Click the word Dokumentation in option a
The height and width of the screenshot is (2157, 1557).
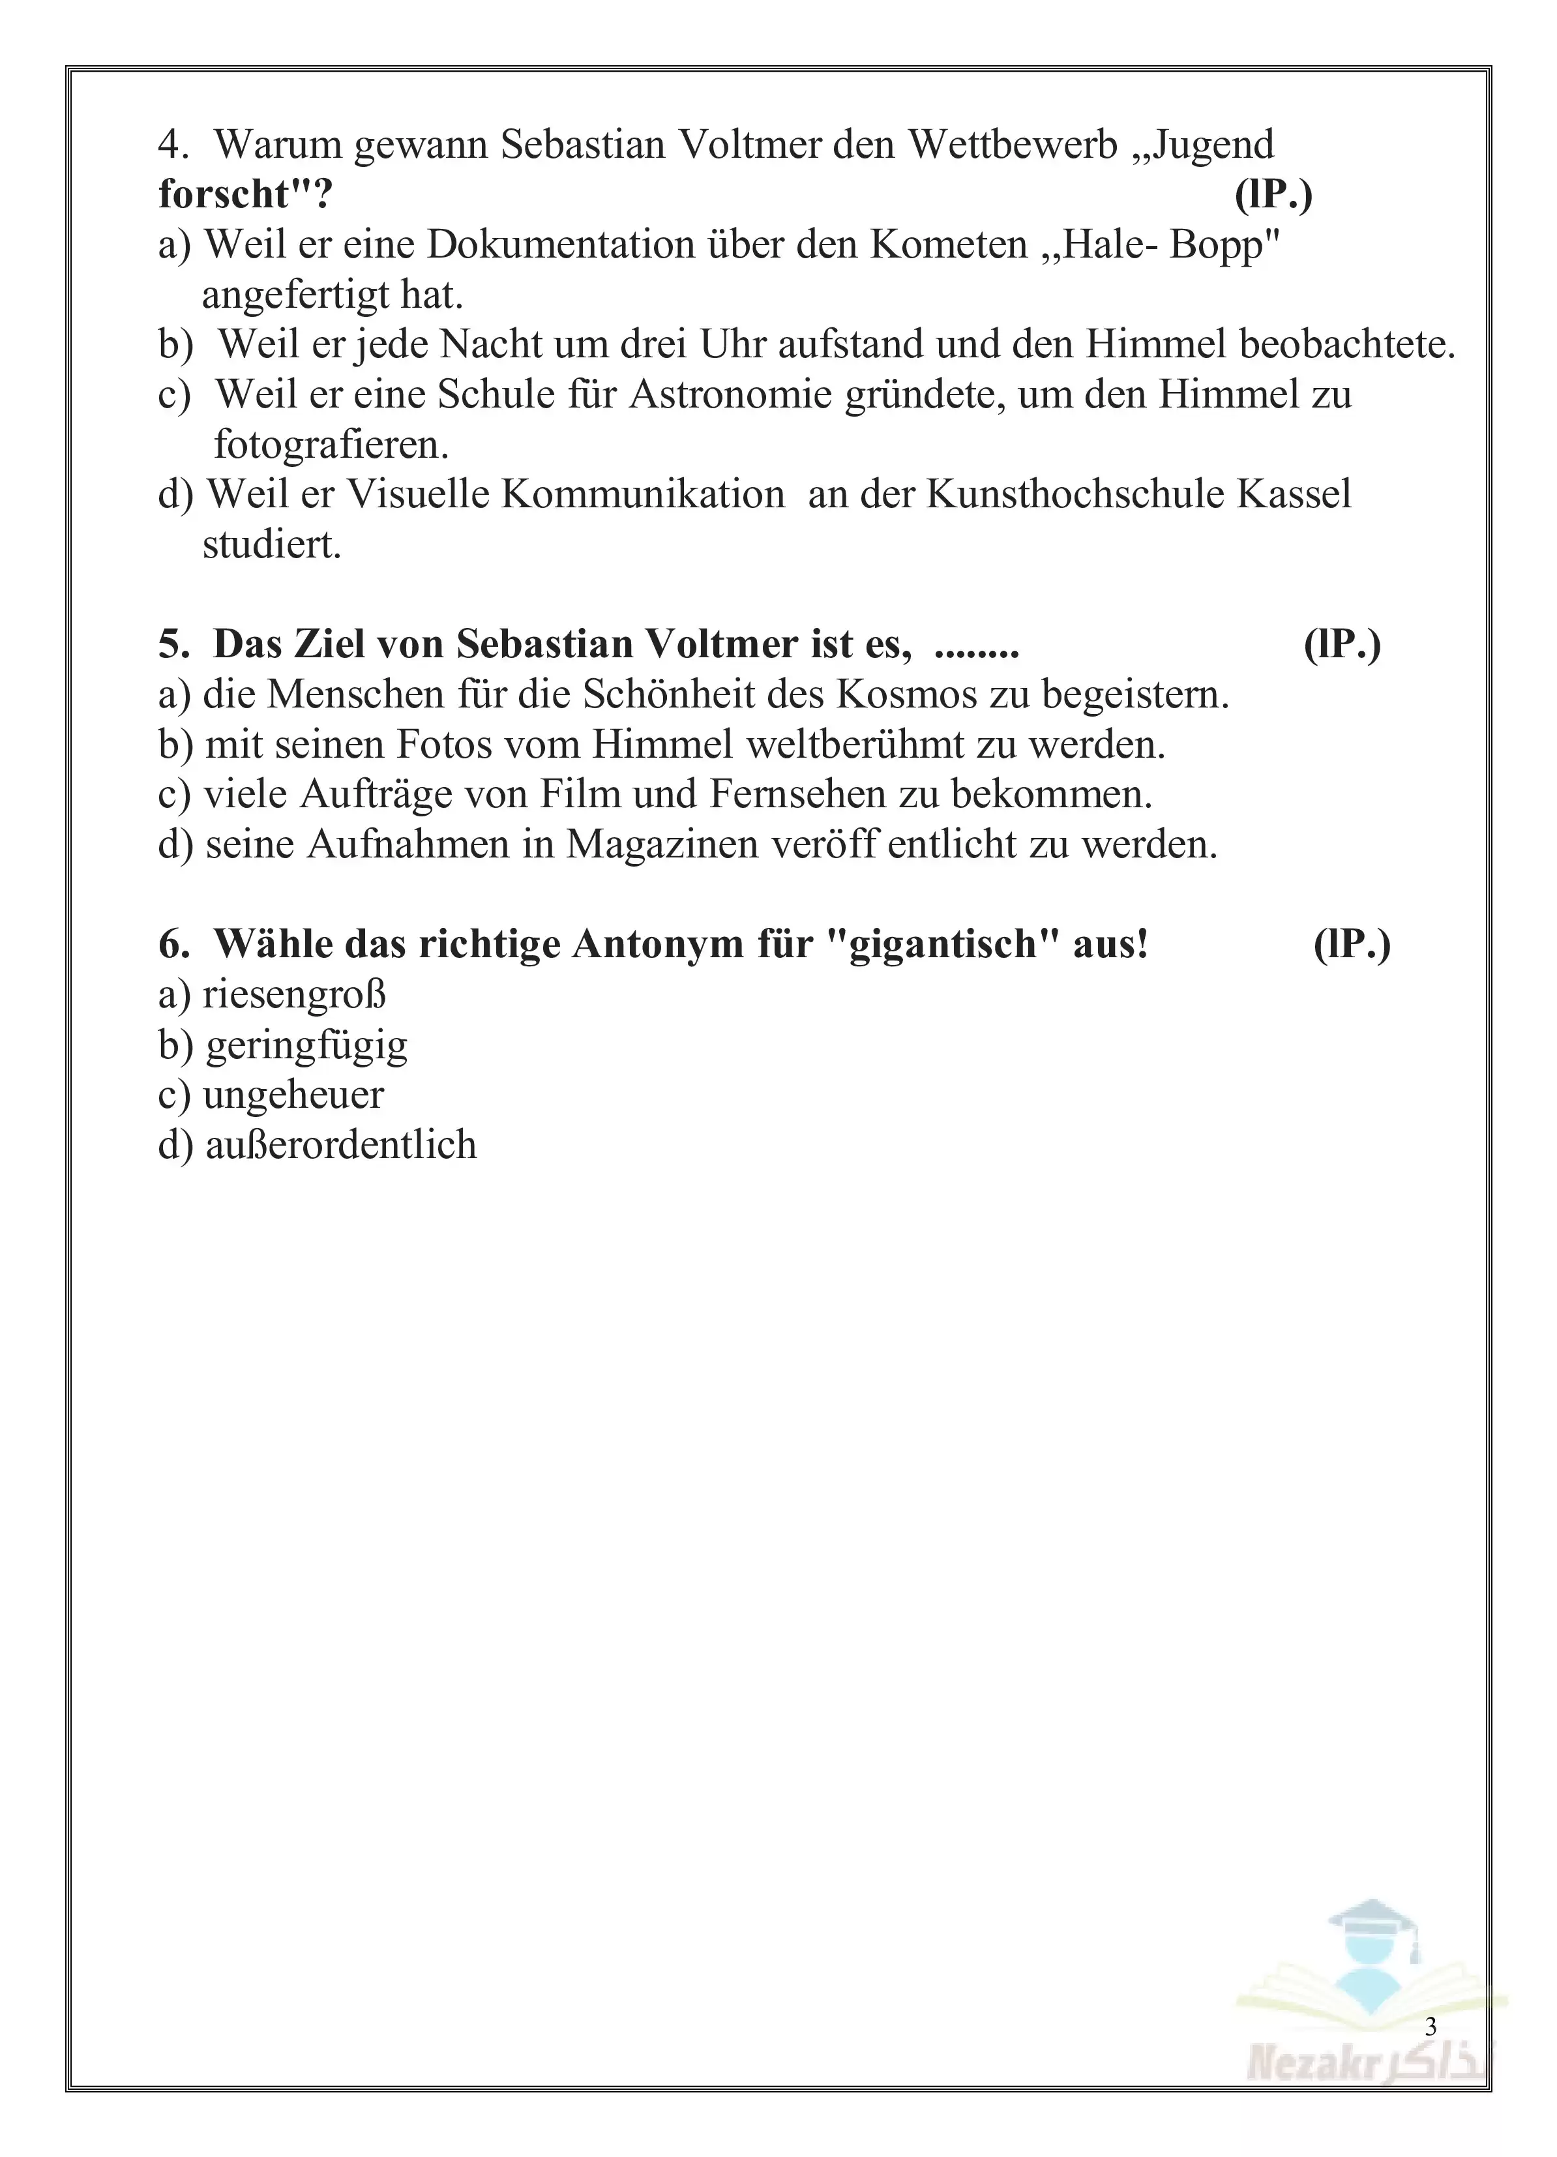(x=559, y=245)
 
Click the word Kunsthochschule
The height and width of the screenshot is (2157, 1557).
(x=1075, y=494)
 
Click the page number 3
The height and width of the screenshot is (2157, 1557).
(x=1431, y=2027)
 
